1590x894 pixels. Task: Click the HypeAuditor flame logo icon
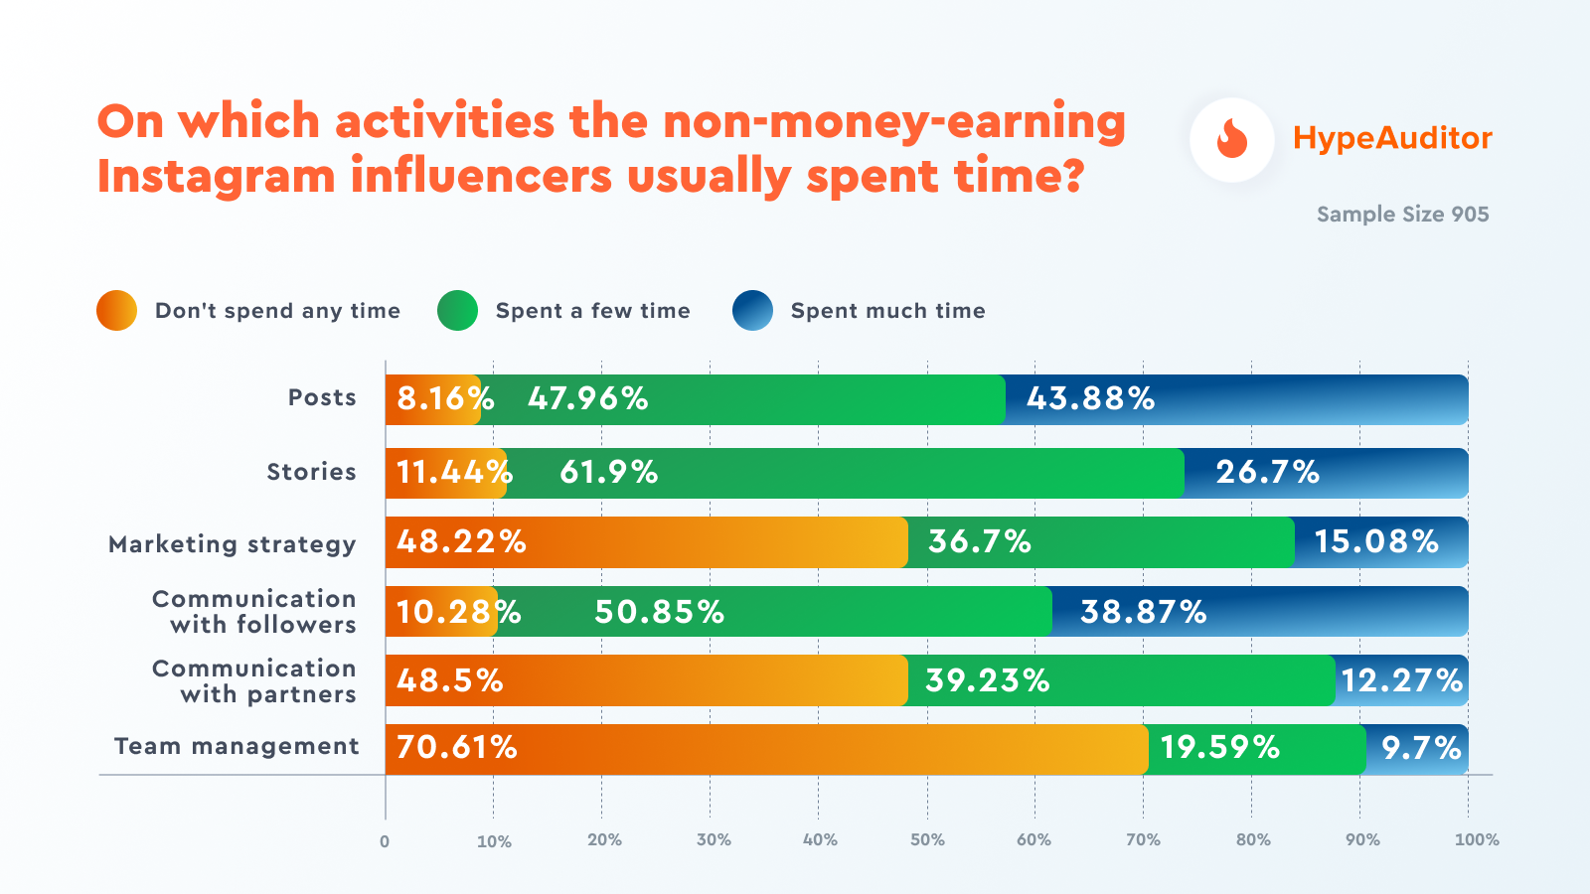(x=1232, y=139)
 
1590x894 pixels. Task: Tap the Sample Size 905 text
(x=1402, y=215)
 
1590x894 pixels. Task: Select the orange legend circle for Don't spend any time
(x=117, y=311)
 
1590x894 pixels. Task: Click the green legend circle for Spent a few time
(x=458, y=311)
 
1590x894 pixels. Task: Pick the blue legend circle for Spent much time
(x=752, y=311)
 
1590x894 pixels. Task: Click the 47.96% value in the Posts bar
(x=587, y=399)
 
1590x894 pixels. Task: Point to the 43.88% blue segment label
(x=1090, y=399)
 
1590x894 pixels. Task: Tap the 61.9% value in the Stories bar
(x=608, y=473)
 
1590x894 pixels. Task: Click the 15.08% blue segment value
(x=1376, y=542)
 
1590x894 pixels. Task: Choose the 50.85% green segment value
(x=659, y=612)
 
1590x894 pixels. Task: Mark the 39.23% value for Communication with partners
(x=987, y=681)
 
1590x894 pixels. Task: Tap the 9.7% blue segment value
(x=1421, y=748)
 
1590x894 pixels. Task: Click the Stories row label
(x=311, y=472)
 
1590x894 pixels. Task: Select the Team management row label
(x=237, y=746)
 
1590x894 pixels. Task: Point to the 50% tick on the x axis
(x=927, y=839)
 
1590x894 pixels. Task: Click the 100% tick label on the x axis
(x=1477, y=839)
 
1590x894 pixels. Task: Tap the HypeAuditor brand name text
(x=1392, y=138)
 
